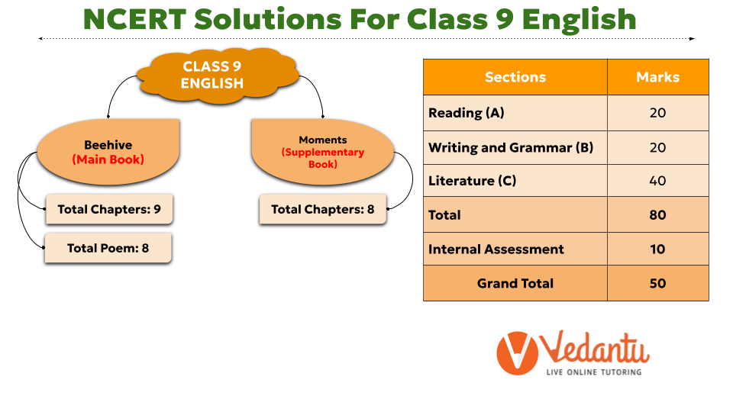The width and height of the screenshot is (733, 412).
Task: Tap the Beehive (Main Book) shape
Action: (108, 152)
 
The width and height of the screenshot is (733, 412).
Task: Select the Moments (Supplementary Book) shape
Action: (322, 152)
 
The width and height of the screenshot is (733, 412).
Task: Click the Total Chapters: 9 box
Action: (109, 209)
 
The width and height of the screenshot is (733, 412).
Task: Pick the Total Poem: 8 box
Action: (108, 248)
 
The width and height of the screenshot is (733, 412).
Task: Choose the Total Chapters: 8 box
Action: (323, 209)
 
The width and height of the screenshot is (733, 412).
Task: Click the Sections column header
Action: (515, 77)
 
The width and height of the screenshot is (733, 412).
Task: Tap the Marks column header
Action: (657, 77)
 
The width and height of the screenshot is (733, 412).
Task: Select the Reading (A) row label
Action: (466, 113)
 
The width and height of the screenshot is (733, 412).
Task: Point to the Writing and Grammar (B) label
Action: (511, 147)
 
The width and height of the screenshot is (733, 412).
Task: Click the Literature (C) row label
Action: (472, 181)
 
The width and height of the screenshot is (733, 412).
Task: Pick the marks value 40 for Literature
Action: (657, 181)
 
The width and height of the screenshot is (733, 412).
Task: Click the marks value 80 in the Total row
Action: (657, 215)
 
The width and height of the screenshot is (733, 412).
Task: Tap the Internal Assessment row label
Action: (496, 249)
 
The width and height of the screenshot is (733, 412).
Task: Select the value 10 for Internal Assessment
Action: (657, 249)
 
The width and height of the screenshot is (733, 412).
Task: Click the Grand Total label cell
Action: (515, 284)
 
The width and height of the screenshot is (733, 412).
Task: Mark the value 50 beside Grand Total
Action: (657, 284)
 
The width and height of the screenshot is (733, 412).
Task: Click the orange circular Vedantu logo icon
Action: (518, 353)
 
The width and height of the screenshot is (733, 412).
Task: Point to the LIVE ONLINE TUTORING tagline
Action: (594, 372)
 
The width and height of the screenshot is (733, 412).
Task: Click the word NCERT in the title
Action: (135, 20)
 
